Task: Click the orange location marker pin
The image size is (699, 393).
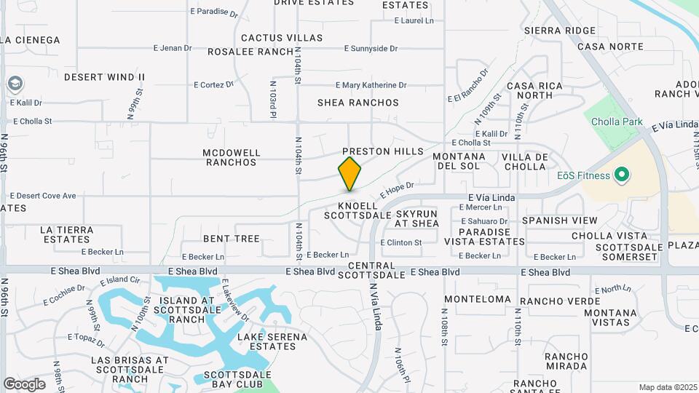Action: click(349, 173)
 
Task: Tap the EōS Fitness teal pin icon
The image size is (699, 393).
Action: click(621, 175)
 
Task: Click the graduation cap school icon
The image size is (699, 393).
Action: click(15, 84)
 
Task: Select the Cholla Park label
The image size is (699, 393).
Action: click(617, 122)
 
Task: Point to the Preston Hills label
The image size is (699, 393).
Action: click(382, 151)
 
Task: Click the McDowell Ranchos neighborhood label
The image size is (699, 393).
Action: click(232, 157)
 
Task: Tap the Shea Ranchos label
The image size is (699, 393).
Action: click(358, 103)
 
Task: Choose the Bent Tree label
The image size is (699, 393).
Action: click(231, 239)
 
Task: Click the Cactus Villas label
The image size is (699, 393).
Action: click(281, 38)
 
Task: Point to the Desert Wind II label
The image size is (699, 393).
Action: click(105, 77)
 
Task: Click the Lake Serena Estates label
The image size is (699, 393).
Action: click(272, 341)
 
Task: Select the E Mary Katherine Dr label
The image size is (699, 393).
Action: click(371, 86)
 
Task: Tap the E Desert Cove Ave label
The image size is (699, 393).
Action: click(43, 196)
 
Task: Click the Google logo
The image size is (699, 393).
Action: click(24, 384)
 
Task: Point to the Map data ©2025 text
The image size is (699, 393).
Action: click(666, 387)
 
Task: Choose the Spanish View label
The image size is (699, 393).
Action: click(559, 221)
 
